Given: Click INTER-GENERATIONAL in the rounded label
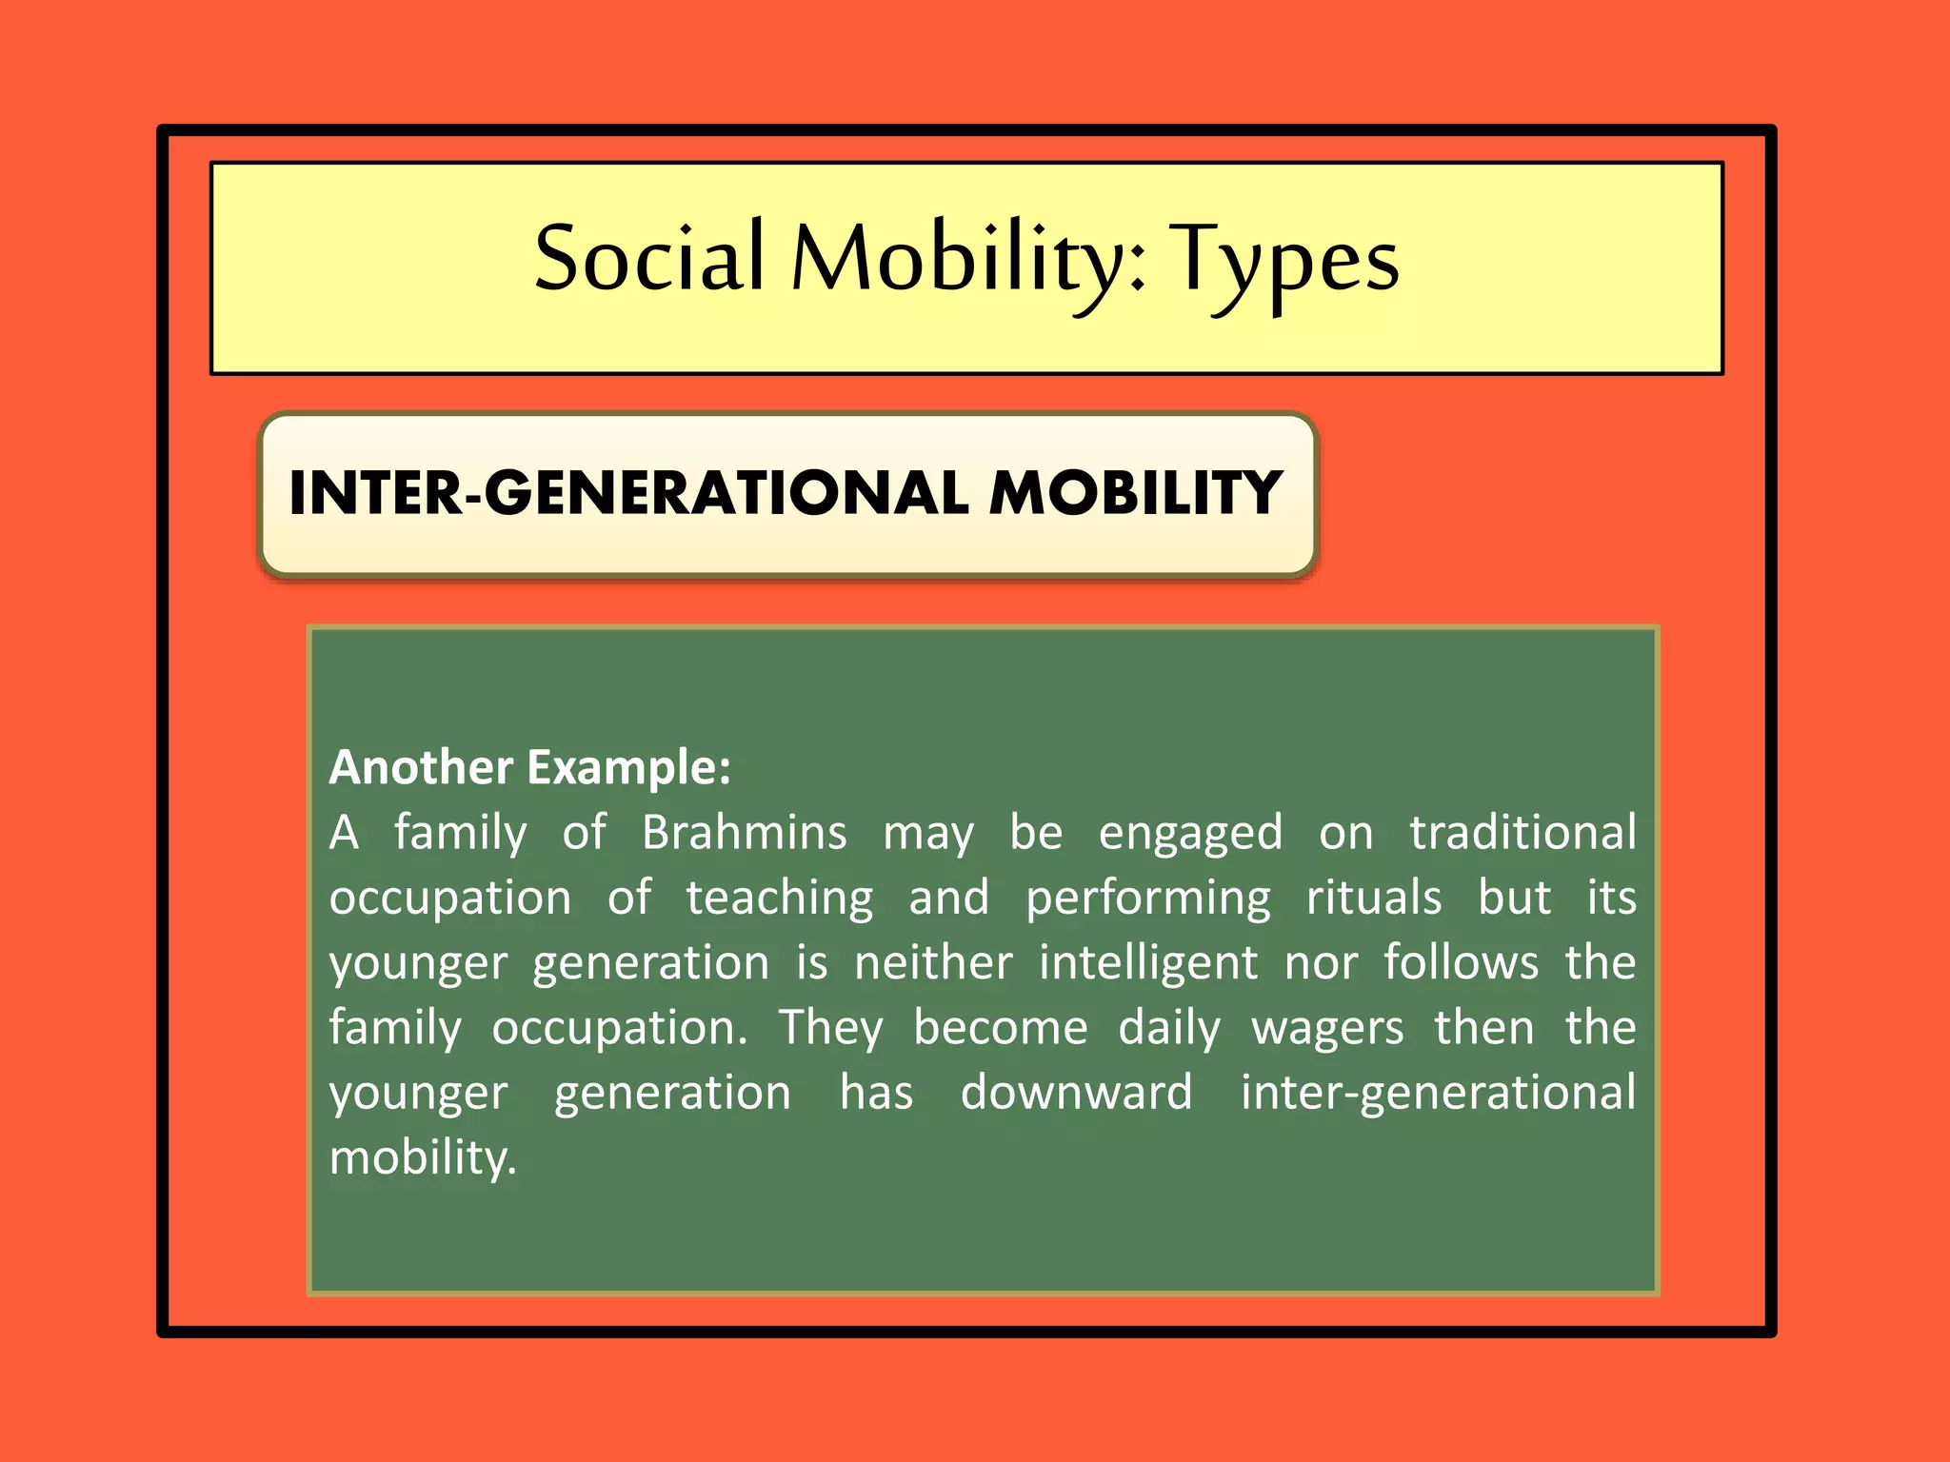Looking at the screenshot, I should click(628, 493).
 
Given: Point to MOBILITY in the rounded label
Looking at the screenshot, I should click(1135, 493).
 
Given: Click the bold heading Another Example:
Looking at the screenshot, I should click(529, 767).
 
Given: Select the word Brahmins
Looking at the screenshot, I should click(744, 833).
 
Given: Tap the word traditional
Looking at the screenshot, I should click(1522, 833).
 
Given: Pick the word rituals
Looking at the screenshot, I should click(1373, 898).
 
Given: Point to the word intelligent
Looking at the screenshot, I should click(1147, 963).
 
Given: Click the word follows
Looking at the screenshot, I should click(1461, 962).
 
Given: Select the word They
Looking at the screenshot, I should click(830, 1029).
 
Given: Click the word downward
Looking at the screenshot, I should click(1076, 1093).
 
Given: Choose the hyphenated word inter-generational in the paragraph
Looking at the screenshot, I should click(1438, 1094).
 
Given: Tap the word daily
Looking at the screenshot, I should click(1168, 1029).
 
